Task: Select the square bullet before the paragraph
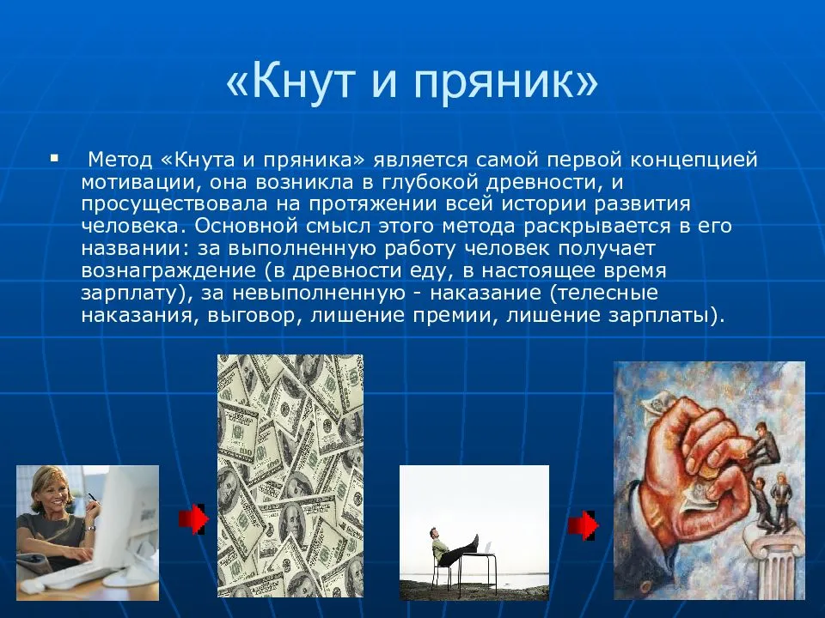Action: [x=55, y=159]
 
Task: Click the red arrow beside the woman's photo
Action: [x=193, y=520]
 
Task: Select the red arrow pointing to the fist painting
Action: [x=583, y=525]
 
